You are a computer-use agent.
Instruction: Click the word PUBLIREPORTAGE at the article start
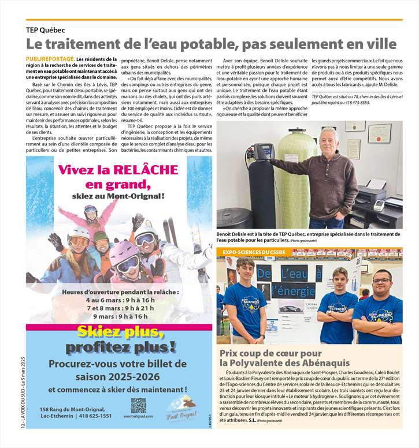pos(50,59)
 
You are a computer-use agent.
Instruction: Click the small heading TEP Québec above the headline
pos(45,30)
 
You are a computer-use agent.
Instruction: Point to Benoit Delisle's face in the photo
pos(328,141)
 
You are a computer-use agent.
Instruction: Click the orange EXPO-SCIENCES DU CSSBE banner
pos(254,252)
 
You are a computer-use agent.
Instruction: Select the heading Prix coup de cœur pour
pos(270,353)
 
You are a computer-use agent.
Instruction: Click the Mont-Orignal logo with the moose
pos(180,409)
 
